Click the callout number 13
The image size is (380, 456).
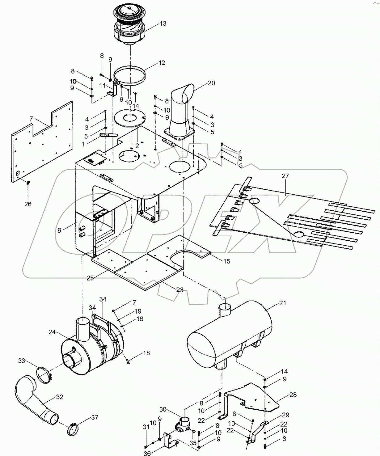tap(163, 23)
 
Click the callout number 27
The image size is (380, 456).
tap(285, 176)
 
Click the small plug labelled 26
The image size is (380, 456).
tap(28, 183)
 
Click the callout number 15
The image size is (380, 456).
tap(226, 261)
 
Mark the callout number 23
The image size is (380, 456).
tap(179, 290)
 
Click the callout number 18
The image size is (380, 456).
tap(146, 353)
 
